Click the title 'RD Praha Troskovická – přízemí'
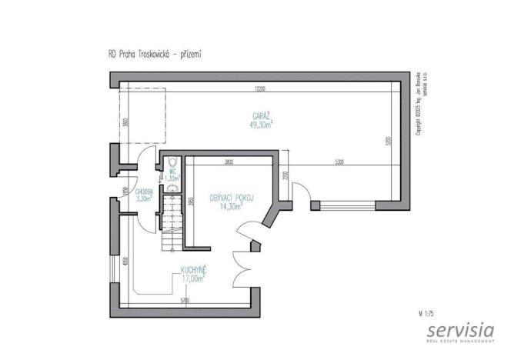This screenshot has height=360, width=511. click(x=155, y=55)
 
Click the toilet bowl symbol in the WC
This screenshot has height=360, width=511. click(x=173, y=162)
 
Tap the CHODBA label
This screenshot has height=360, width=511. click(x=143, y=191)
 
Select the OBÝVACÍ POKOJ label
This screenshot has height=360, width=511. click(x=232, y=198)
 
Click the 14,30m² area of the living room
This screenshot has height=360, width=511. click(x=232, y=207)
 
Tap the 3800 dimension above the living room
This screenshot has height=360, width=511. click(x=229, y=162)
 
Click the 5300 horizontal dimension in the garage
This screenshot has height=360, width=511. click(x=339, y=162)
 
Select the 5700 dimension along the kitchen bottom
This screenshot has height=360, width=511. click(x=185, y=299)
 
